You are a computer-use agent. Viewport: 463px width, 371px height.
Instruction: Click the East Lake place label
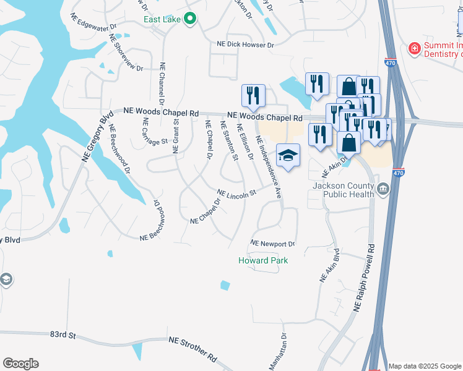pos(162,19)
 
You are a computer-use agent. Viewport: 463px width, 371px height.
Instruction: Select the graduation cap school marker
pos(288,155)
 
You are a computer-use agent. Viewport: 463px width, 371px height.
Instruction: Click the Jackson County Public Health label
pos(344,190)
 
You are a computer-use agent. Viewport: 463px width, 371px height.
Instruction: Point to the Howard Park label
pos(264,260)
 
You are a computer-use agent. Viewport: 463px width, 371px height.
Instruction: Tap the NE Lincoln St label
pos(236,195)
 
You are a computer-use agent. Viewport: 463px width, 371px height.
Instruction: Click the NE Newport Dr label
pos(273,243)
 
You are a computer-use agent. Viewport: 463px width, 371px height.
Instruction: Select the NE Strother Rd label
pos(194,350)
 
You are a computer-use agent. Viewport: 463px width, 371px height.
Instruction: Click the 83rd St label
pos(63,335)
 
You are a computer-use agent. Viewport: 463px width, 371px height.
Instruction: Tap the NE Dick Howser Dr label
pos(245,45)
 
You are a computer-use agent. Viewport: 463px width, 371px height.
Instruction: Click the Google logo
pos(20,364)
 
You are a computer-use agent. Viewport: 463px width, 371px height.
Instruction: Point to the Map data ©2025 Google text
pos(424,366)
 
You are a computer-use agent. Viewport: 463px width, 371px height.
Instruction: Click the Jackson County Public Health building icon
pos(382,189)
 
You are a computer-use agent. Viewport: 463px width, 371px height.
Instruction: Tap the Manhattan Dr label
pos(278,352)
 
